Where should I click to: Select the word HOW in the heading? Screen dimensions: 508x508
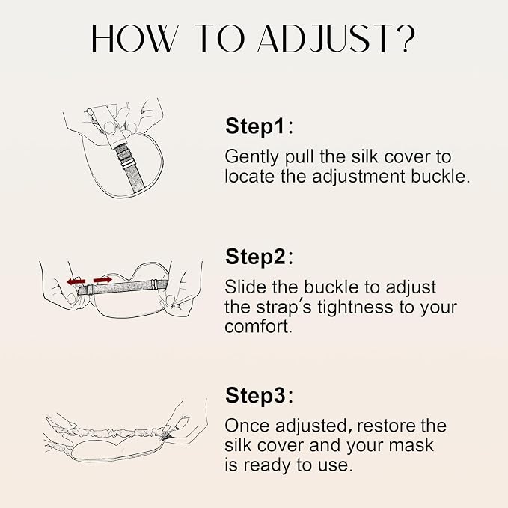(x=133, y=39)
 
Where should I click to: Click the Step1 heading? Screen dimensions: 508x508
(x=259, y=126)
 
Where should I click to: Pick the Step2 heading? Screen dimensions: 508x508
(x=259, y=257)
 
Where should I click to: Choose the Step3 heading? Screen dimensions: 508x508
(x=259, y=395)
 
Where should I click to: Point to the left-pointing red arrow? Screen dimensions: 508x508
(x=76, y=281)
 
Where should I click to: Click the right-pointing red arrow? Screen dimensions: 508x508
(x=102, y=280)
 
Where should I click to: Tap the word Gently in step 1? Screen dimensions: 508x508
(x=251, y=157)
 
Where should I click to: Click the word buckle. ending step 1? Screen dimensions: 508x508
(x=440, y=177)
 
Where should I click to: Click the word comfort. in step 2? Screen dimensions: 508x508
(x=258, y=327)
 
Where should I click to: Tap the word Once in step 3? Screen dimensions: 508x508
(x=247, y=426)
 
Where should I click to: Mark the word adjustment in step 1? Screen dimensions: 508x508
(x=358, y=177)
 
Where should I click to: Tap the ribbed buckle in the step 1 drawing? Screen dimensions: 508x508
(x=123, y=156)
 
